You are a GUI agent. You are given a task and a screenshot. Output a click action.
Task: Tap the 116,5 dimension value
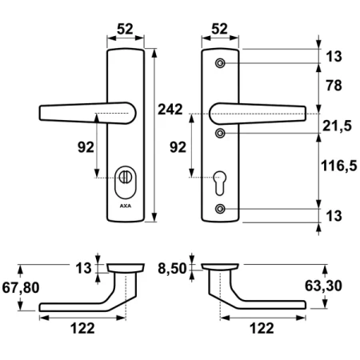point(337,169)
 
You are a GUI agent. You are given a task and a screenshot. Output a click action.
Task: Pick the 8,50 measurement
point(176,269)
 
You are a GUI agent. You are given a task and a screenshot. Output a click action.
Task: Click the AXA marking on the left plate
point(126,206)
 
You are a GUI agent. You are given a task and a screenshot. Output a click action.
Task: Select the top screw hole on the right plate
point(221,63)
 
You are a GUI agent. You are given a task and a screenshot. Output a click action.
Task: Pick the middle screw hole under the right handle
point(221,132)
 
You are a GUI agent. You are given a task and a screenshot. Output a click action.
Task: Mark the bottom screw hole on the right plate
point(221,210)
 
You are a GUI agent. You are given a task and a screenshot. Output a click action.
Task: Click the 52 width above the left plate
point(126,29)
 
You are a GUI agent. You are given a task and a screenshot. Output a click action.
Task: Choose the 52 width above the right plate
point(220,29)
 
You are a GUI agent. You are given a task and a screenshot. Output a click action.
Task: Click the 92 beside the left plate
point(82,147)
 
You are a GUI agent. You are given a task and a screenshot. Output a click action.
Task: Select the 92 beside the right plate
point(179,147)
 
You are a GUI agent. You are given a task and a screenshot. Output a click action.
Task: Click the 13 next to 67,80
point(82,269)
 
